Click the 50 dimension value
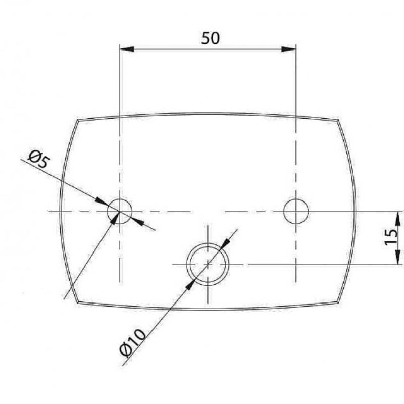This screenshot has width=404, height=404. coord(211,38)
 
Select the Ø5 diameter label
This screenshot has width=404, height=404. coord(39,159)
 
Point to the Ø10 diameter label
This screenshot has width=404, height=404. coord(133,343)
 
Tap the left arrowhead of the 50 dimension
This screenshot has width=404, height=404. coord(127,49)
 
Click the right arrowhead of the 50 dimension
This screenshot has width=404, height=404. coord(289,49)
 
